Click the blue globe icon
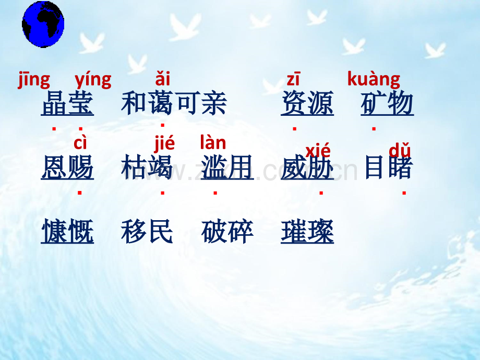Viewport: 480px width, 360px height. coord(43,25)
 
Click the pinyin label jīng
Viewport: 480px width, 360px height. coord(34,80)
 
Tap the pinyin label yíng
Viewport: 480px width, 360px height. coord(93,80)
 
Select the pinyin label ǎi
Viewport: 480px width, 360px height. coord(163,79)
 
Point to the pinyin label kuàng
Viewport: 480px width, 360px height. coord(374,79)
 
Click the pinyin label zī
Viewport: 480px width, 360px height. coord(293,79)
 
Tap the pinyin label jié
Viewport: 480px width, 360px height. coord(164,143)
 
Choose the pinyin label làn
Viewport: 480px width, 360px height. coord(213,142)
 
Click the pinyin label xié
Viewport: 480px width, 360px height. coord(318,151)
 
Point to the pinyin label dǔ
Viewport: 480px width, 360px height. coord(400,150)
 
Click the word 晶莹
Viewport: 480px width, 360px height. coord(67,103)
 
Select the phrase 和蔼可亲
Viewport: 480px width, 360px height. coord(174,103)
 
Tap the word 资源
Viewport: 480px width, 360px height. coord(307,103)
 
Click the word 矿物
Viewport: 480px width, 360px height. coord(387,103)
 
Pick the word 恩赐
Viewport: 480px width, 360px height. coord(67,167)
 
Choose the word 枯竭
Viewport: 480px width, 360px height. coord(147,167)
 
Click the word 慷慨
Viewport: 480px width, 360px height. coord(67,231)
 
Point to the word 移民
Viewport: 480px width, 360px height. coord(147,231)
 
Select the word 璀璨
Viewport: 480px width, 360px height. coord(307,231)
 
